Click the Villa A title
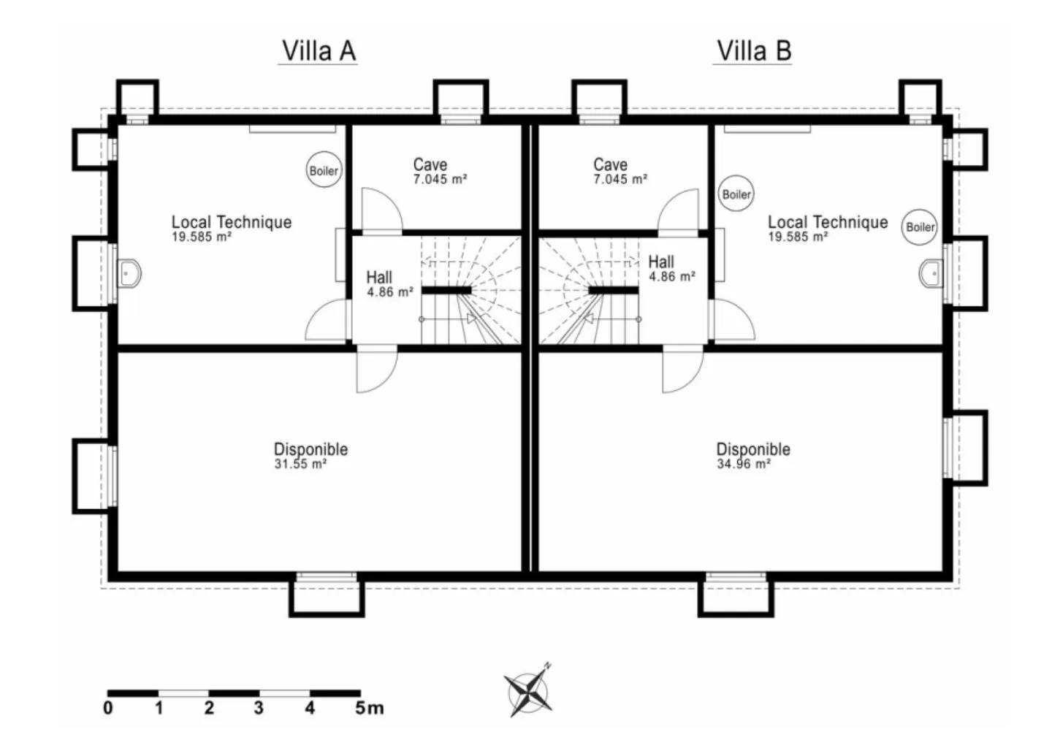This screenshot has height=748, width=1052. coord(319,50)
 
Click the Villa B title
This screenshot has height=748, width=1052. coord(753,50)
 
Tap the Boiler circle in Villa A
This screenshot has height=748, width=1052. coord(324,170)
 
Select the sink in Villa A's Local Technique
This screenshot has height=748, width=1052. coord(129,273)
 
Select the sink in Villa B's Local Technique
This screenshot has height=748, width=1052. coord(931,273)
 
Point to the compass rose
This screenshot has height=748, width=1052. coord(528,691)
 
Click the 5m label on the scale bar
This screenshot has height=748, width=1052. coord(369,708)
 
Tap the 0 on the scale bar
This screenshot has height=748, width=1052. coord(108,708)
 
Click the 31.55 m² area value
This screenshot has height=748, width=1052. coord(300,464)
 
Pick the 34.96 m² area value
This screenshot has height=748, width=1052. coord(744,464)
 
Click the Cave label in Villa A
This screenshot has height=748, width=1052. coord(430,164)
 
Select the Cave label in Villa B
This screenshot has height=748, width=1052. coord(610,164)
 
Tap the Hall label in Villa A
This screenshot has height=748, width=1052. coord(379,277)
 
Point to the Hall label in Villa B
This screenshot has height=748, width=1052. coord(661,262)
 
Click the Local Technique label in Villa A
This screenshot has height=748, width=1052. coord(232,221)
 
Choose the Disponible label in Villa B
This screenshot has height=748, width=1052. coord(753,449)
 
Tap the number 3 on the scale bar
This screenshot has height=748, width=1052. coord(259,708)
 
